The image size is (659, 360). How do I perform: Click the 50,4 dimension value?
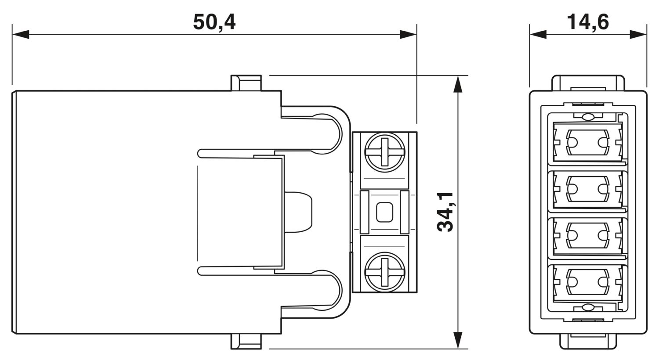(214, 22)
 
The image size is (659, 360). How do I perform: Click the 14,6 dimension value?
(588, 22)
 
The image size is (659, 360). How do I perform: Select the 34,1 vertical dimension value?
(446, 212)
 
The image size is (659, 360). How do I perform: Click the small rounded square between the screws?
(384, 212)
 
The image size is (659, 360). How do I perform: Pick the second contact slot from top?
(588, 189)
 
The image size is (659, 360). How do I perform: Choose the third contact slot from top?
(588, 236)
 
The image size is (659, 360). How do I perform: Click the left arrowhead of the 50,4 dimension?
(20, 34)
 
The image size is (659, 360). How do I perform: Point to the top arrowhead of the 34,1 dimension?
(458, 83)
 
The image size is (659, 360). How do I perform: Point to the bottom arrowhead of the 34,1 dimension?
(458, 341)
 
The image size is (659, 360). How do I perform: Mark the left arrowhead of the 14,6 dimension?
(538, 34)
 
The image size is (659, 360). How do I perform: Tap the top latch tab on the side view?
(246, 83)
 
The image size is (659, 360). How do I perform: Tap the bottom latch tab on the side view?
(246, 342)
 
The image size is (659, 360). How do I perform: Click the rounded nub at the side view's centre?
(299, 212)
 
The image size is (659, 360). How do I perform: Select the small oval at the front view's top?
(587, 117)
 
